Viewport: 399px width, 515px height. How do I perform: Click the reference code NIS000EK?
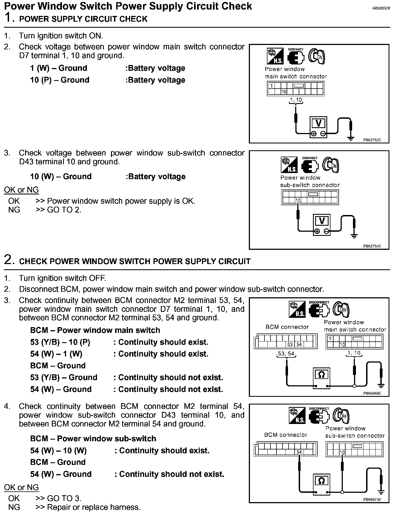[x=381, y=8]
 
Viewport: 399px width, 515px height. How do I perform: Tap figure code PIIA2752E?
[x=372, y=140]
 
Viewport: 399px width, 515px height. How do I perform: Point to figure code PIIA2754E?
[x=372, y=246]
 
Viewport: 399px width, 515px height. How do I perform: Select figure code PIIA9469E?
[x=372, y=393]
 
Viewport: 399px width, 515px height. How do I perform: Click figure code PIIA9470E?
[x=372, y=500]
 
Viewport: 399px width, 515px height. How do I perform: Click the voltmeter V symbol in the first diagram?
[x=318, y=123]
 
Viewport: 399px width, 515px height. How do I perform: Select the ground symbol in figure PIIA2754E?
[x=354, y=236]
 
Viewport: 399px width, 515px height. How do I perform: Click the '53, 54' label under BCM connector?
[x=286, y=353]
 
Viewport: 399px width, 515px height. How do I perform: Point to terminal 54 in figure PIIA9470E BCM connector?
[x=299, y=452]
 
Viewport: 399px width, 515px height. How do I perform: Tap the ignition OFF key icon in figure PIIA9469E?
[x=341, y=310]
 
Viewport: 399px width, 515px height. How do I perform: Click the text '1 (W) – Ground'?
[x=59, y=68]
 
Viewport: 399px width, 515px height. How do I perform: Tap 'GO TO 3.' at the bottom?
[x=64, y=498]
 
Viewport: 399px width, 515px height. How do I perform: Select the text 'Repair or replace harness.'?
[x=94, y=507]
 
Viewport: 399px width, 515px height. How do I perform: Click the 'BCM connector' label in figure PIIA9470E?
[x=286, y=435]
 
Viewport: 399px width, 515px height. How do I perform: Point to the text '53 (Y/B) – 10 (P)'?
[x=60, y=342]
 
